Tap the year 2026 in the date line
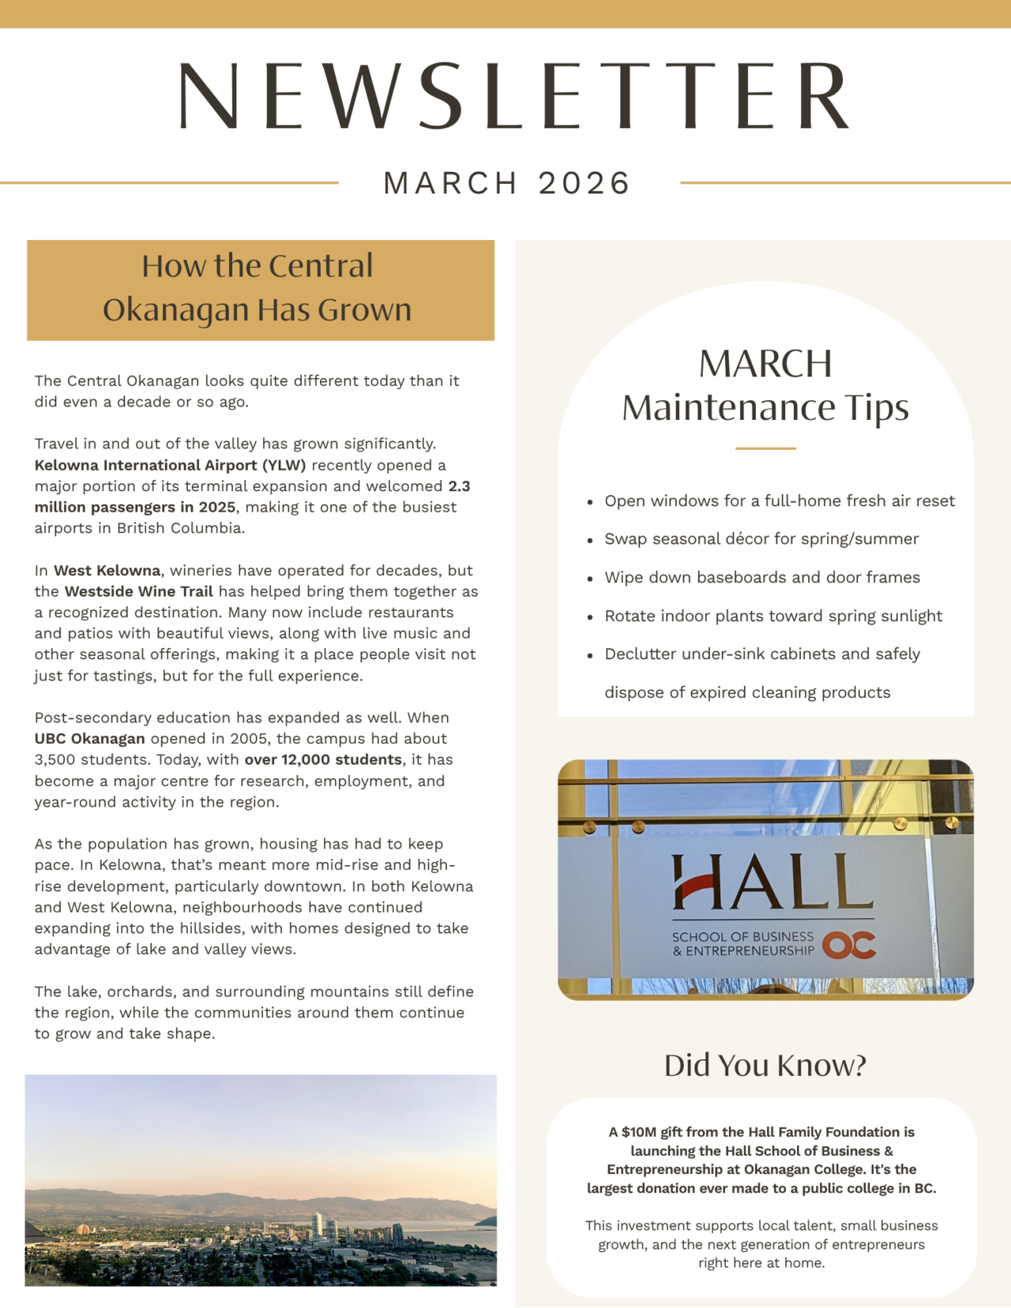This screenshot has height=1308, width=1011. coord(584,183)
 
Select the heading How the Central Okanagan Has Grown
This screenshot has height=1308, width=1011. coord(257,288)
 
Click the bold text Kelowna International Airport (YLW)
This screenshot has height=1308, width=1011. coord(170,465)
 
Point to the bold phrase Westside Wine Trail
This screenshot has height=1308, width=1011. coord(139,591)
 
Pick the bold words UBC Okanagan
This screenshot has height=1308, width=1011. coord(89,739)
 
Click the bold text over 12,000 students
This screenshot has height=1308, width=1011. coord(323,759)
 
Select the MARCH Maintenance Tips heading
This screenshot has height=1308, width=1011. coord(765,386)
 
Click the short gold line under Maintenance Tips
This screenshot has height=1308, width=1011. coord(765,448)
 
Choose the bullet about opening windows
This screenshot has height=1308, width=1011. coord(779,500)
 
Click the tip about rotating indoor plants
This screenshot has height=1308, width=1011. coord(772,616)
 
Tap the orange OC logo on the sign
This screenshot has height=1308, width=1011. coord(849,945)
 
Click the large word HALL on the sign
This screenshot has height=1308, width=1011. coord(772,883)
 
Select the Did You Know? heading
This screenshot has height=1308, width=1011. coord(765,1065)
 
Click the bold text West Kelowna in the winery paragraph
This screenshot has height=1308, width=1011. coord(107,570)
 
